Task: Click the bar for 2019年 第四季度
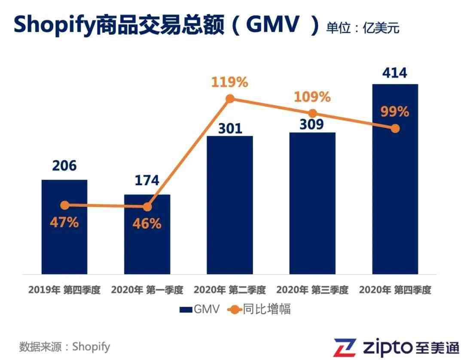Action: [64, 241]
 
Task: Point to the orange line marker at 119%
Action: [230, 99]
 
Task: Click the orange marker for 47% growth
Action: [64, 205]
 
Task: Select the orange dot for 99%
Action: [395, 128]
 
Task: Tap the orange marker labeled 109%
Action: [312, 113]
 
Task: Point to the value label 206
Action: [64, 165]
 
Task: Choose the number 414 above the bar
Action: [394, 73]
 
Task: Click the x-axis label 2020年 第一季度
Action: [147, 290]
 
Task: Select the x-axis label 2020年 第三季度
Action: [312, 290]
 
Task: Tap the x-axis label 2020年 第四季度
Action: [395, 290]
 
